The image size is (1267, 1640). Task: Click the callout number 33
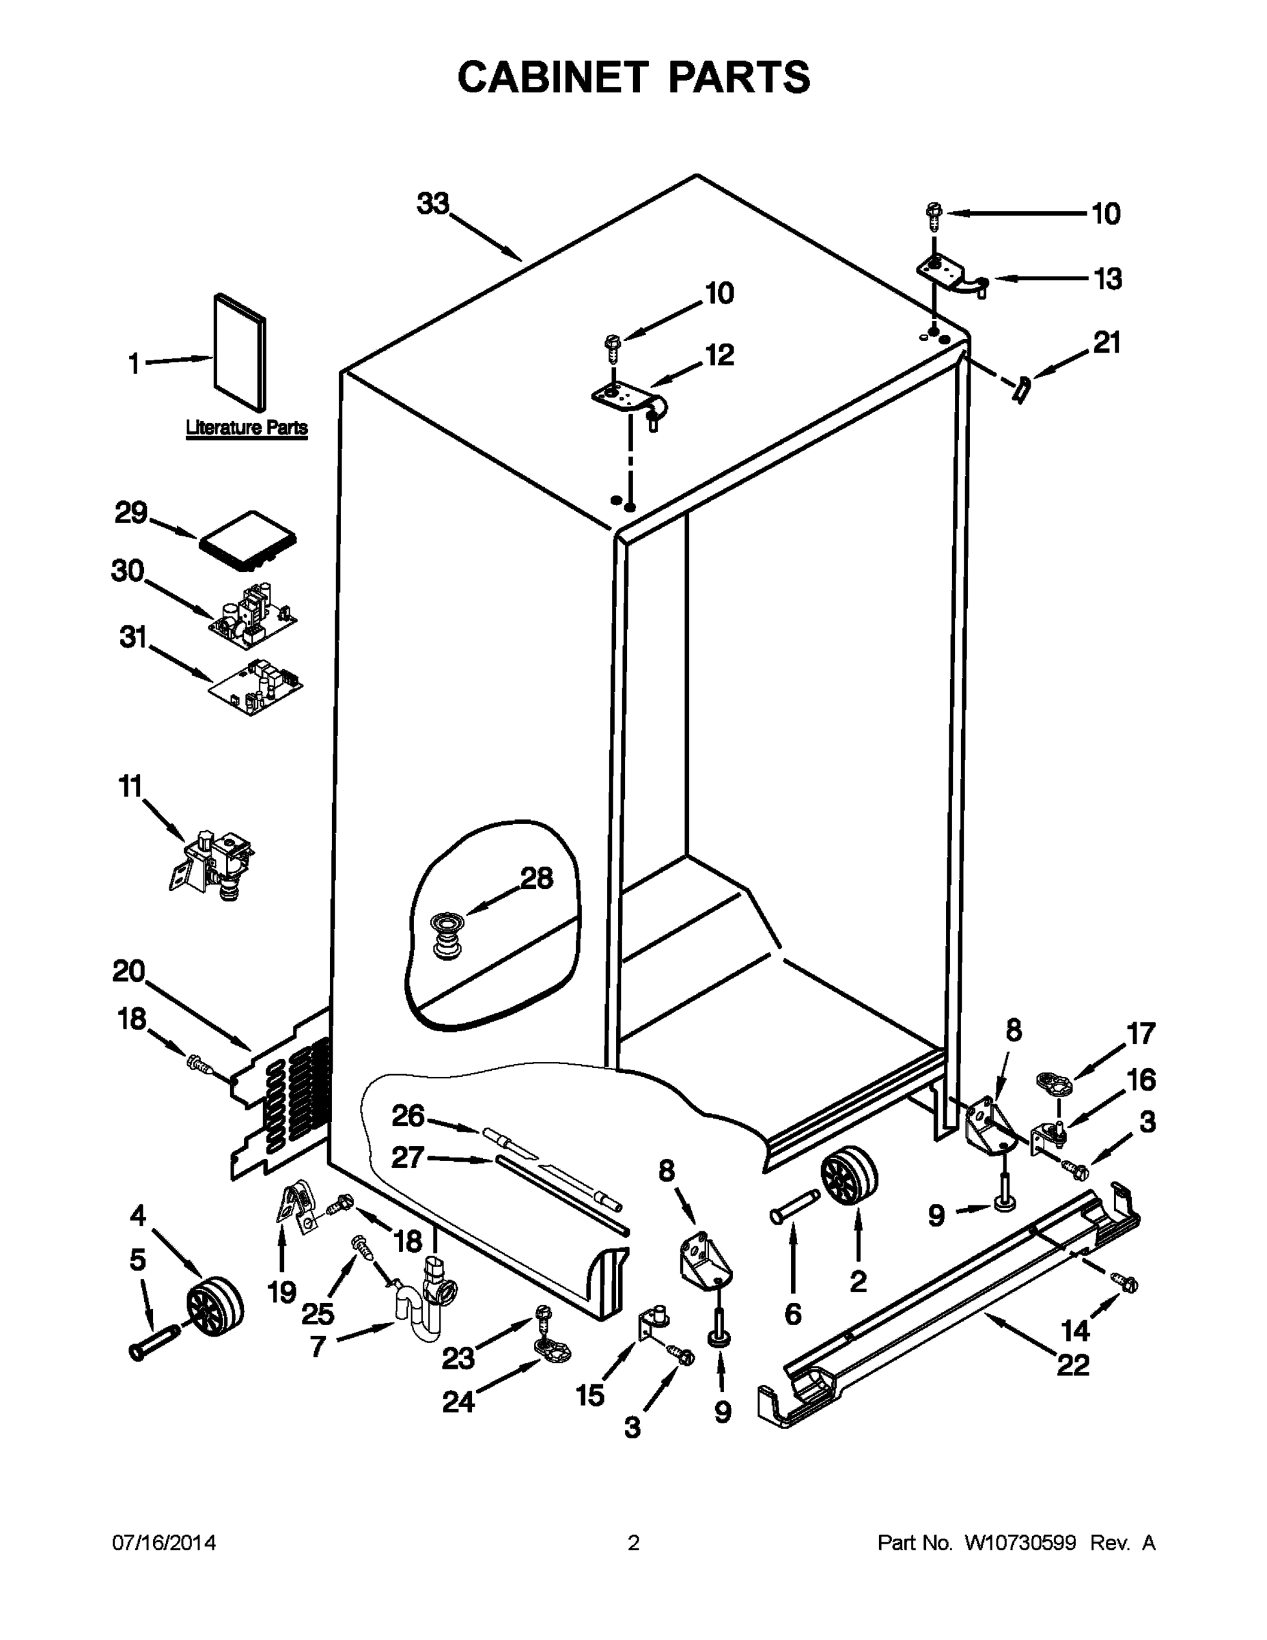point(433,203)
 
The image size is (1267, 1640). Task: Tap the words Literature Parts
point(247,428)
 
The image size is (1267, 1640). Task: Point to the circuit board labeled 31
point(257,686)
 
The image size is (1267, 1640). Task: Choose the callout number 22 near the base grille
point(1072,1365)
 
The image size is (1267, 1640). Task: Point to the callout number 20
point(128,972)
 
